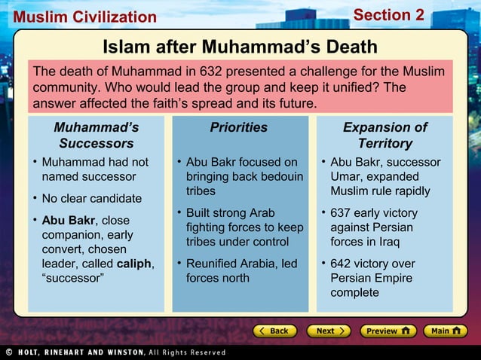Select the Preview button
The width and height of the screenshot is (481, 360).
[387, 331]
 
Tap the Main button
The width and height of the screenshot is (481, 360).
[445, 331]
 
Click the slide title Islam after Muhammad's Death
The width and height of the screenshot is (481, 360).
[240, 47]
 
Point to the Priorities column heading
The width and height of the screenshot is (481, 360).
[239, 128]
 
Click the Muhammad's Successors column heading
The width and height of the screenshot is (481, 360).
[97, 136]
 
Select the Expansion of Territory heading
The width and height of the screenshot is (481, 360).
[384, 136]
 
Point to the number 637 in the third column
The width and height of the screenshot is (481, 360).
[341, 213]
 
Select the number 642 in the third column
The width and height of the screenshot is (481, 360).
[341, 264]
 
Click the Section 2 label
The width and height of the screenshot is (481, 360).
[388, 15]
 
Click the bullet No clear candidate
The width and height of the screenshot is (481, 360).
[91, 199]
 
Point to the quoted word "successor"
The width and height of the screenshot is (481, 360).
[73, 278]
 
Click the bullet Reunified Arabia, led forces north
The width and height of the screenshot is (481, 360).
[241, 270]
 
